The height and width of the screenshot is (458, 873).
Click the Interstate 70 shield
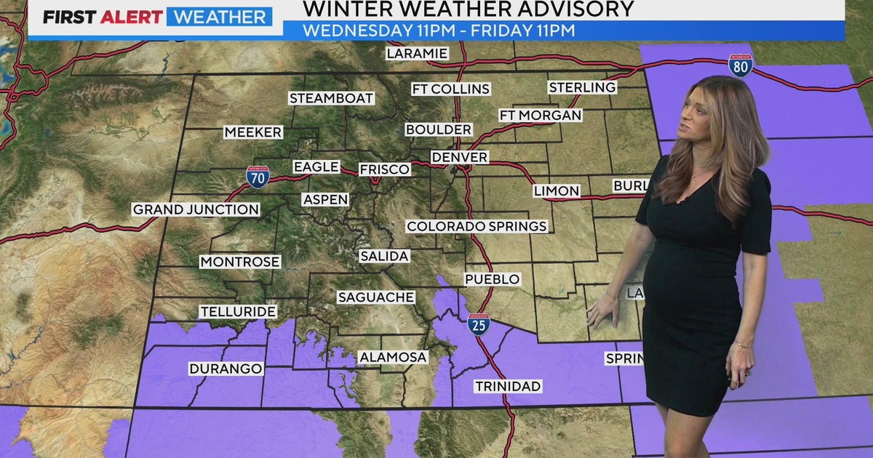[x=258, y=177]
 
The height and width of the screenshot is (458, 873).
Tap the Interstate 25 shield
[x=479, y=325]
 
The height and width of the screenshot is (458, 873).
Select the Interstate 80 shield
[x=741, y=65]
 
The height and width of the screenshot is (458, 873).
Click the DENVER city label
[x=459, y=157]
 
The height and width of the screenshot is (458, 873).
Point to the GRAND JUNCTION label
[x=196, y=209]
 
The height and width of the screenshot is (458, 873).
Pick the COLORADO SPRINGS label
[x=477, y=226]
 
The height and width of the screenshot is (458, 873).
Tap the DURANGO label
[x=226, y=369]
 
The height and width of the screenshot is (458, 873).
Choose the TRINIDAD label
[x=508, y=386]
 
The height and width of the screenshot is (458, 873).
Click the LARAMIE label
[x=417, y=53]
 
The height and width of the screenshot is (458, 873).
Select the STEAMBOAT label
[x=331, y=97]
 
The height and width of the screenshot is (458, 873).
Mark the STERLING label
[x=582, y=87]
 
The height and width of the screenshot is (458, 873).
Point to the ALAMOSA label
[x=393, y=357]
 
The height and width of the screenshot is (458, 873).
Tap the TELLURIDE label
[x=238, y=311]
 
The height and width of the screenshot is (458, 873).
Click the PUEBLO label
[x=493, y=279]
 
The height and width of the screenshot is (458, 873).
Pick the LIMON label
[x=557, y=190]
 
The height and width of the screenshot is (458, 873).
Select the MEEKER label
[x=252, y=132]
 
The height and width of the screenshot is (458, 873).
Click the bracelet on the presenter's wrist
[x=742, y=345]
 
